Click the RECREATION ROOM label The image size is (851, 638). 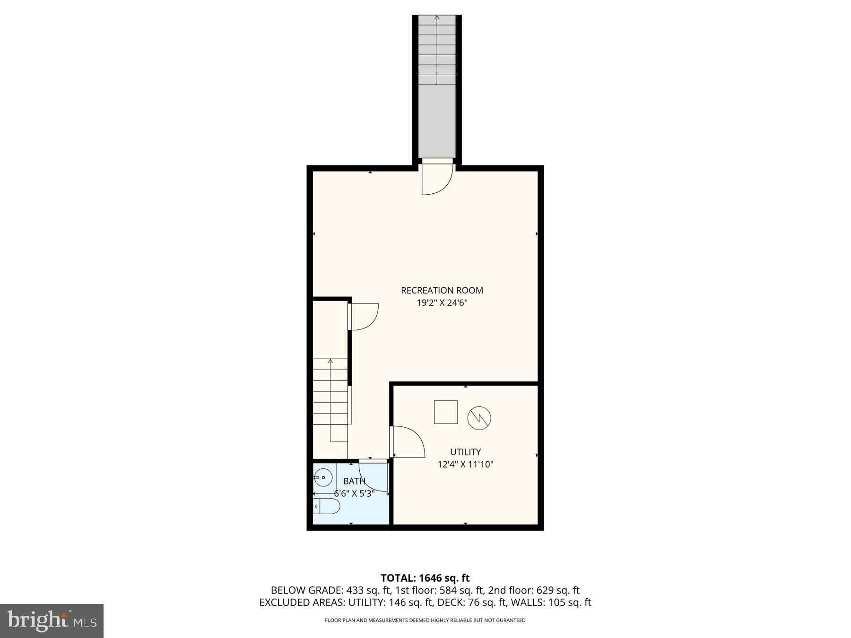[x=442, y=290]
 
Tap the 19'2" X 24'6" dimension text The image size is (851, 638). [x=442, y=303]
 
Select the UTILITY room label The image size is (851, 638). [x=465, y=452]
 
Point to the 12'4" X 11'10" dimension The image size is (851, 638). [x=465, y=464]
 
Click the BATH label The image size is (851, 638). [x=354, y=481]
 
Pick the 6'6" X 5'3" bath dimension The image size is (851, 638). [x=354, y=493]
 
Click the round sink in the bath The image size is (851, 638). [x=322, y=477]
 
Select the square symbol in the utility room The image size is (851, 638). [x=446, y=412]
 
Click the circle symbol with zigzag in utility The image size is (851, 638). [x=479, y=418]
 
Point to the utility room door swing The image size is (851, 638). [x=408, y=442]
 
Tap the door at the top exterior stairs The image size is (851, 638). [x=438, y=178]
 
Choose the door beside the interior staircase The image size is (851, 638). [x=364, y=316]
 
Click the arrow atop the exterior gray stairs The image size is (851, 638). [x=437, y=18]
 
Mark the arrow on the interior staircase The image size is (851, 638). [x=330, y=362]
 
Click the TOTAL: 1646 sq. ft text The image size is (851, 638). [x=425, y=578]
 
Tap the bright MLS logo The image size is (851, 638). [x=52, y=621]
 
